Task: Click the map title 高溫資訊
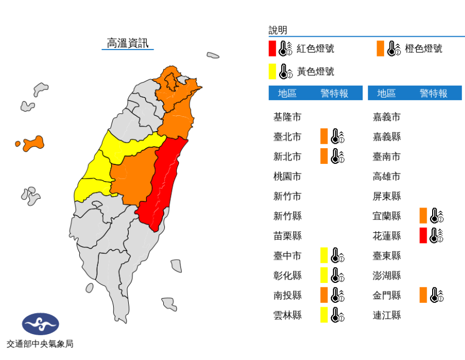point(127,43)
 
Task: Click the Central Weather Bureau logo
point(40,324)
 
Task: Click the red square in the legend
point(273,49)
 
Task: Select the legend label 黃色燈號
point(315,71)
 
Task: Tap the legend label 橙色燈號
point(424,49)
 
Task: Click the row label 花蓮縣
point(387,236)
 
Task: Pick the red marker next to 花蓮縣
point(424,235)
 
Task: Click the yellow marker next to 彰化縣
point(324,275)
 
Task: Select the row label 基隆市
point(287,116)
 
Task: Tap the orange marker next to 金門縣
point(424,295)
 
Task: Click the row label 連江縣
point(387,315)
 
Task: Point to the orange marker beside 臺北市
point(324,136)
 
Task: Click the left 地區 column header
point(287,93)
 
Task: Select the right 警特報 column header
point(434,93)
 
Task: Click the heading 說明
point(278,30)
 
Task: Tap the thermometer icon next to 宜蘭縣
point(436,216)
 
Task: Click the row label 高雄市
point(387,176)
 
